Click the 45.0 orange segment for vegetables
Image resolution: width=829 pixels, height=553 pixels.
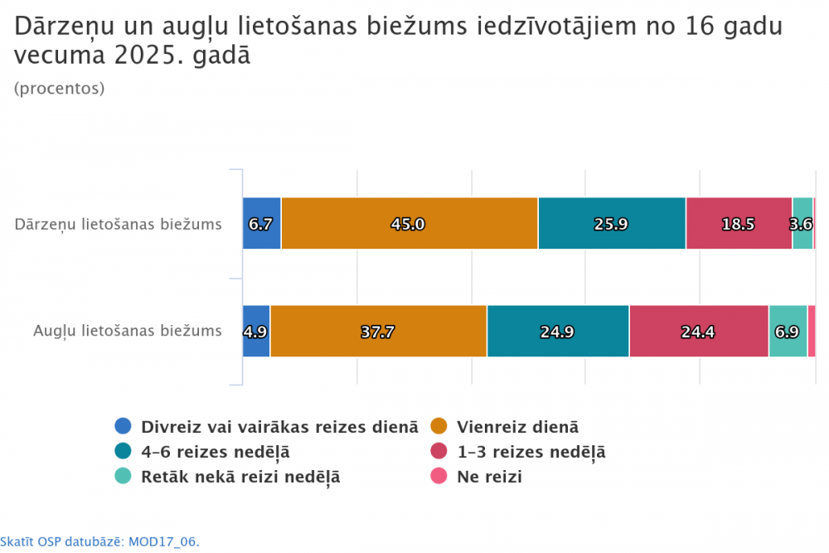410,224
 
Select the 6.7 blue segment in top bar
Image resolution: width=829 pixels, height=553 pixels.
261,224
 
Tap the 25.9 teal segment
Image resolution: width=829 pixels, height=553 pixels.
612,224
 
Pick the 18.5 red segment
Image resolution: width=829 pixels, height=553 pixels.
739,224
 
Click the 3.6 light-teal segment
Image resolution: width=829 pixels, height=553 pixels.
802,224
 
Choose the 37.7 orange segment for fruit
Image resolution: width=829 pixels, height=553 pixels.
378,332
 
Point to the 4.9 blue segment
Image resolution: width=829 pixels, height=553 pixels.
256,332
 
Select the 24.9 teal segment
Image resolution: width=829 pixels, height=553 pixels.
558,332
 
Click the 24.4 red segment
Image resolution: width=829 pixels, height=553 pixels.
699,332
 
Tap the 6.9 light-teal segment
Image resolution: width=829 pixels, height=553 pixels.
788,332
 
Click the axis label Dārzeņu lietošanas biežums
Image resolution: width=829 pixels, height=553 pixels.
119,224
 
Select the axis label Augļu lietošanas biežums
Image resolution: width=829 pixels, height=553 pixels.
128,331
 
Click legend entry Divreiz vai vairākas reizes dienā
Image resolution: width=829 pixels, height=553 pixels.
279,427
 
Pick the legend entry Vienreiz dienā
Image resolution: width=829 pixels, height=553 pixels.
517,427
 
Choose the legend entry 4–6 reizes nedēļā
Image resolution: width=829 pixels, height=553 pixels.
215,452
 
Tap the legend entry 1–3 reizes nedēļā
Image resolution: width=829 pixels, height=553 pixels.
531,452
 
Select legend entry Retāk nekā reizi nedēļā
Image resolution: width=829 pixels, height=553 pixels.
240,477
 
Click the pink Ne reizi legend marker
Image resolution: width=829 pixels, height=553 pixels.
439,477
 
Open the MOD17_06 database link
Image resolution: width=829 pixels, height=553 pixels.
99,541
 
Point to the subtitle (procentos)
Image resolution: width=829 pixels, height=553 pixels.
60,89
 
